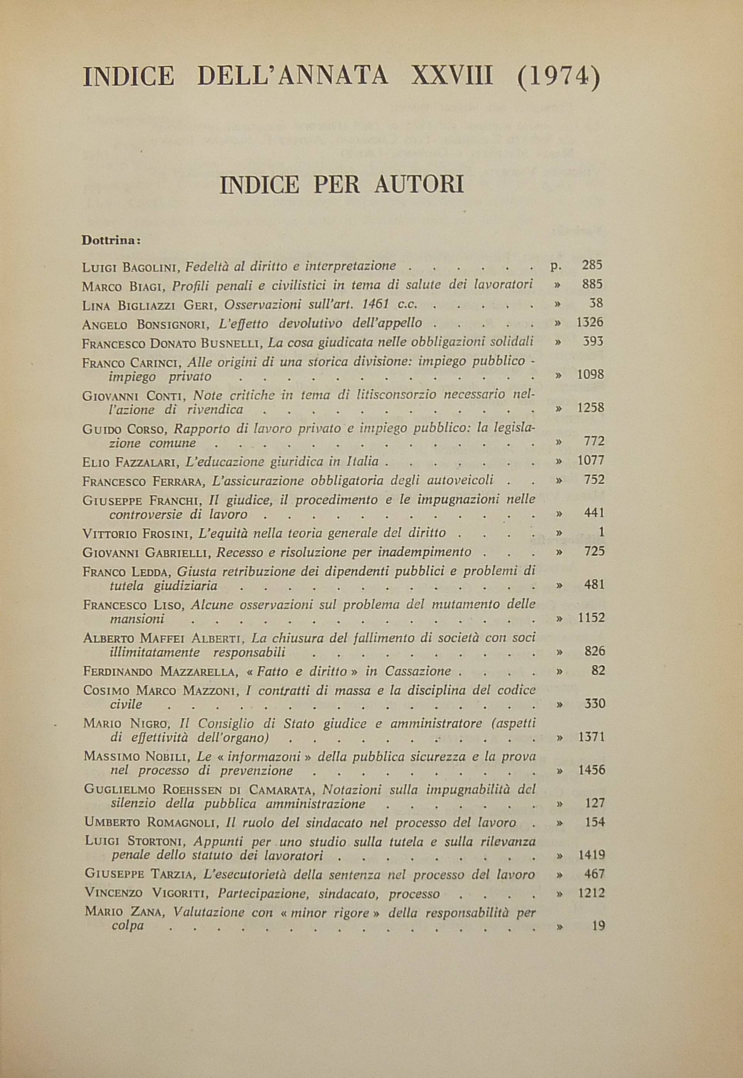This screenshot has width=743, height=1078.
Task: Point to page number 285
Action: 592,265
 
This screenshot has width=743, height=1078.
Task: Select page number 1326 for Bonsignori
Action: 590,323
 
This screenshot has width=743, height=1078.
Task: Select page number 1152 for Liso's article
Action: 590,618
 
